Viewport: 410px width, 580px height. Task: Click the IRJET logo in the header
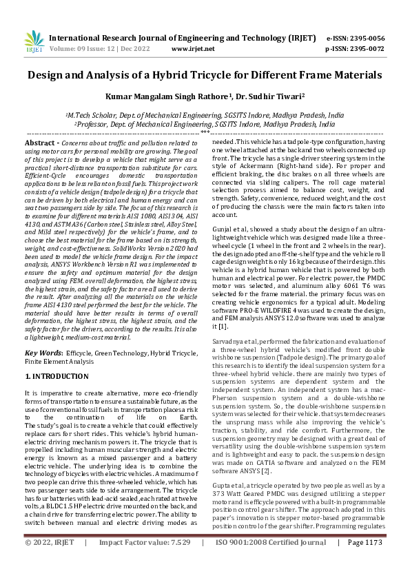point(34,43)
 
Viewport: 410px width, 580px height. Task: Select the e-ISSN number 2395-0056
point(367,39)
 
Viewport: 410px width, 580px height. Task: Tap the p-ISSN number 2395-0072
point(367,50)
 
